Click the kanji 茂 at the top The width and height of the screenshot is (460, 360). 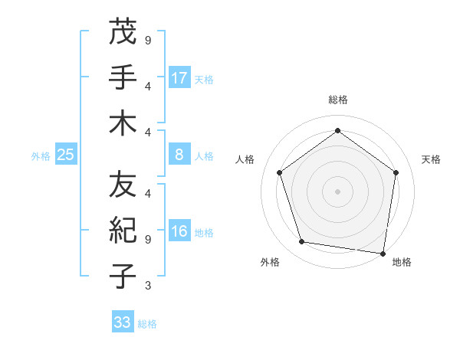click(123, 32)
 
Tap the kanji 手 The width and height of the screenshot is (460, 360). click(123, 77)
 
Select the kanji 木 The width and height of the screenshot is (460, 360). click(123, 123)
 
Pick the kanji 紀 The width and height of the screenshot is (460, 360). click(123, 231)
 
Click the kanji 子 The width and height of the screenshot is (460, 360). click(123, 276)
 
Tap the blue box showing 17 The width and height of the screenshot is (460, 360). click(179, 77)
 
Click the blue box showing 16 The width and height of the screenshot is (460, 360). click(179, 232)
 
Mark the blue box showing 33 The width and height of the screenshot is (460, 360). click(123, 322)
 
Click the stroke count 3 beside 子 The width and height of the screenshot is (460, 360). click(147, 286)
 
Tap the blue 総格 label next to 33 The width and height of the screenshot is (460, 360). click(147, 324)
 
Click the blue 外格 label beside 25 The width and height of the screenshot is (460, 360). click(41, 156)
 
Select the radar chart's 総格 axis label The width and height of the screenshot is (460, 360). click(338, 100)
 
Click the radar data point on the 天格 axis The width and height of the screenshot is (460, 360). click(396, 172)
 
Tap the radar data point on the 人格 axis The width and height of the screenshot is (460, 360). click(279, 172)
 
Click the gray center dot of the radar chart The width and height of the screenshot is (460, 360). click(338, 191)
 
